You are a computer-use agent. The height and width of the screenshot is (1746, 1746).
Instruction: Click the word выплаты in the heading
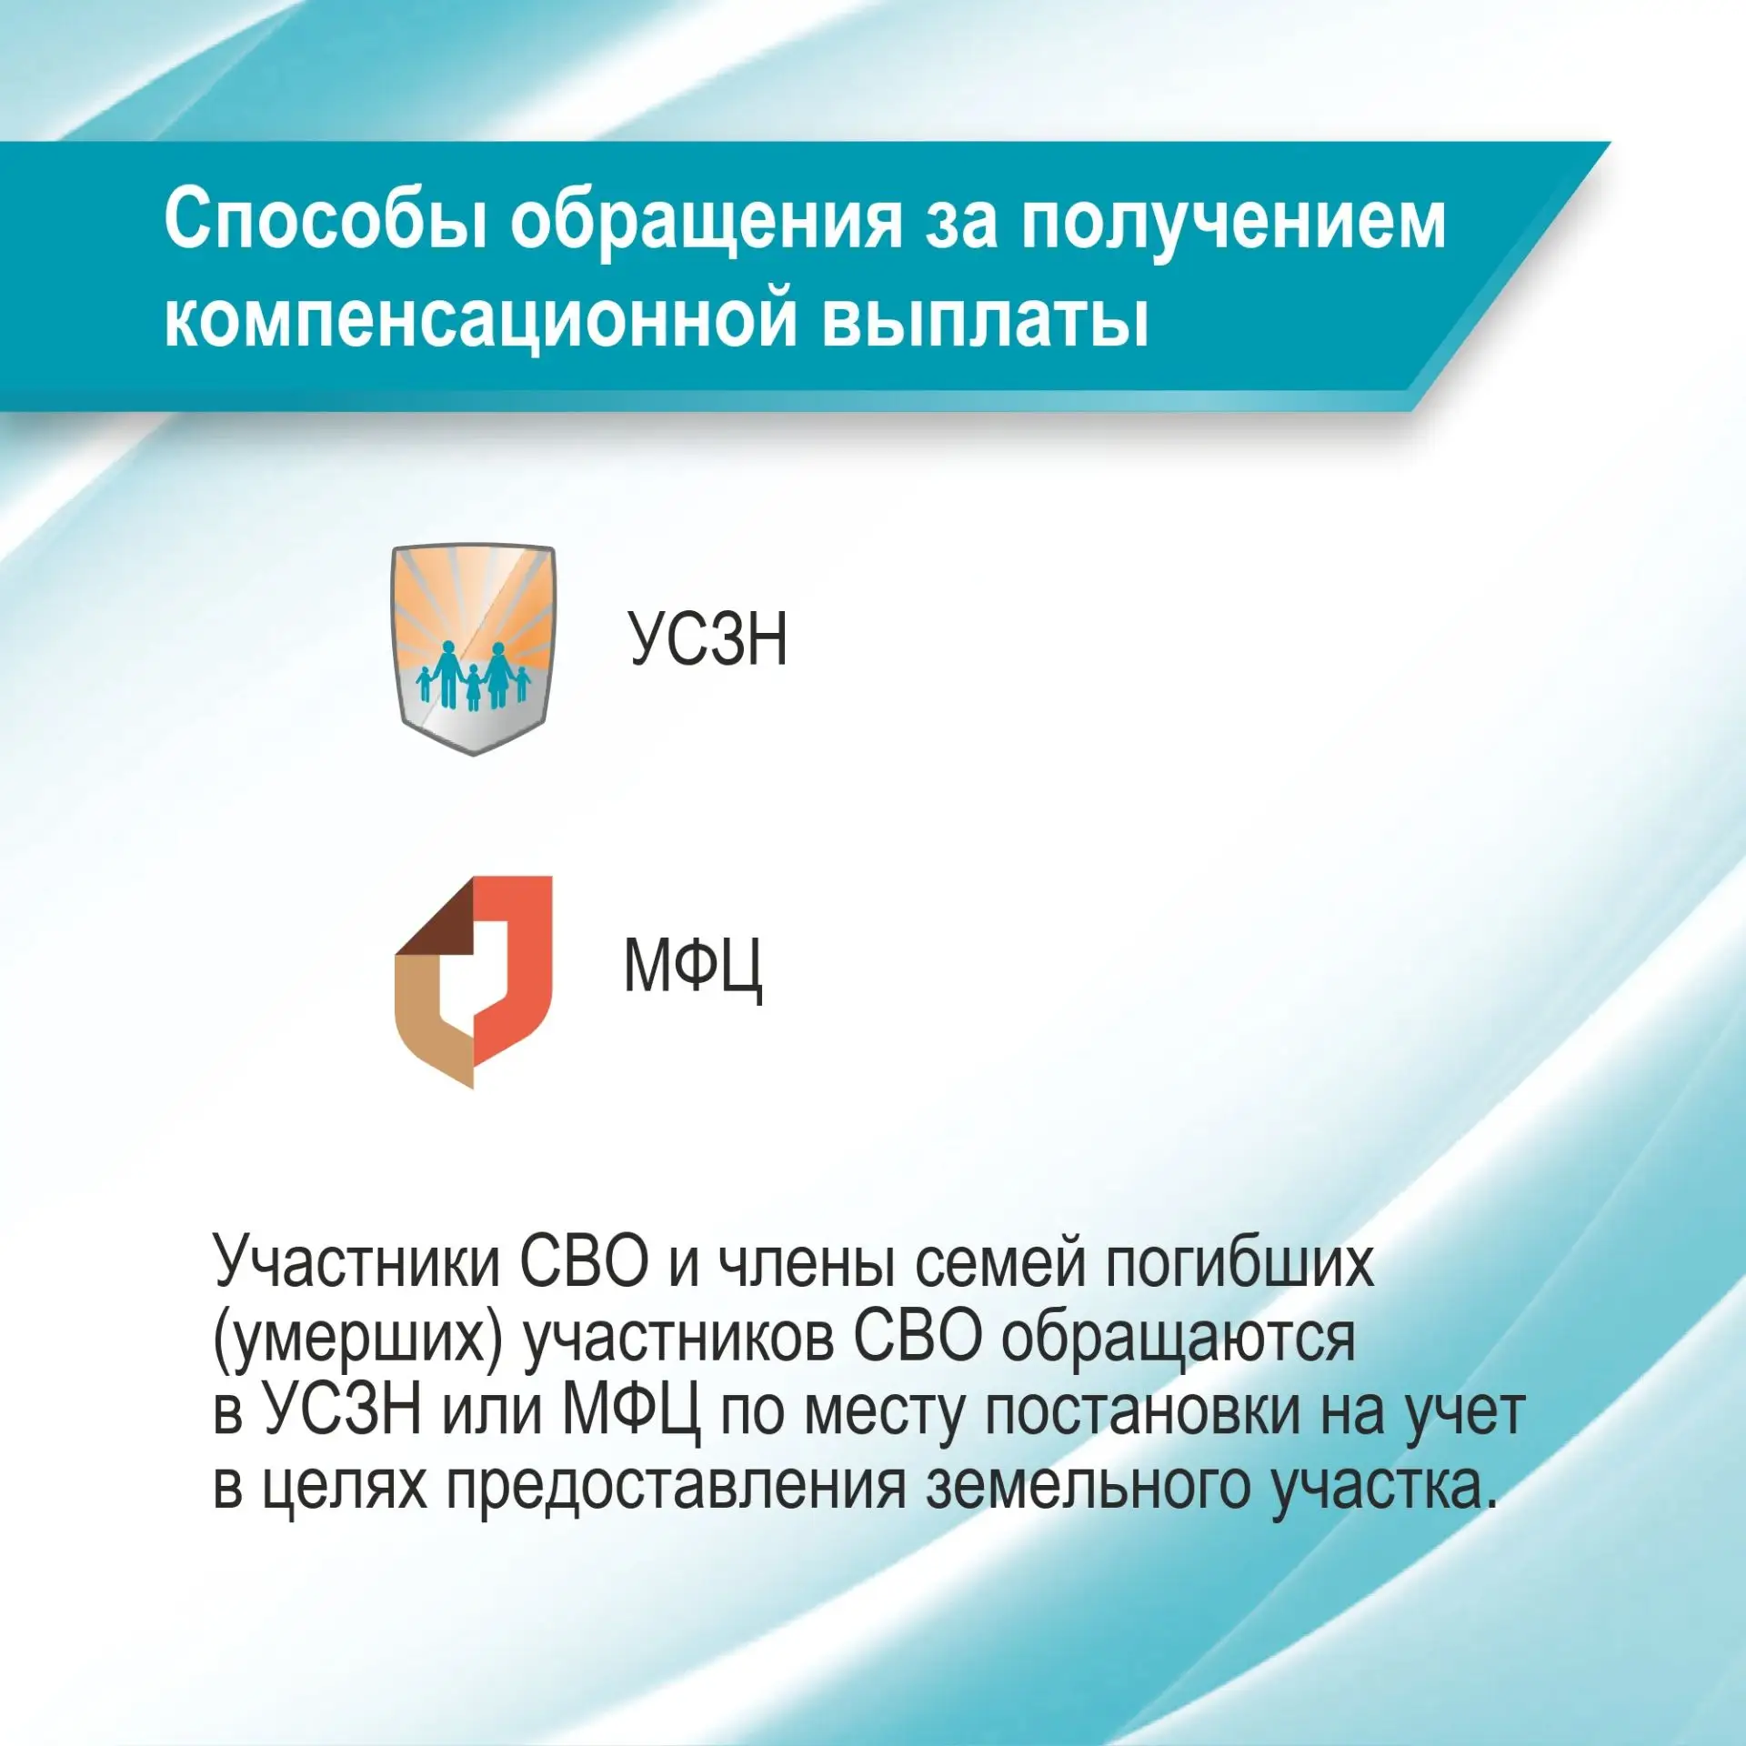coord(986,319)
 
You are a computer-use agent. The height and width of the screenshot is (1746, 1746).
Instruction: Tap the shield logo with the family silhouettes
coord(473,649)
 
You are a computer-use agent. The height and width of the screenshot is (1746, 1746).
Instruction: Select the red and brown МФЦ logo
coord(473,982)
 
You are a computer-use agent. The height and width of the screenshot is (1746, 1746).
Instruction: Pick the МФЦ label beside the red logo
coord(693,968)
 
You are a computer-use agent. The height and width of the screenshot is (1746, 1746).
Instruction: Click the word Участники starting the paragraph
coord(356,1263)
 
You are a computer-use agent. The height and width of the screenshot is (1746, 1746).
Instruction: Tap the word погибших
coord(1239,1264)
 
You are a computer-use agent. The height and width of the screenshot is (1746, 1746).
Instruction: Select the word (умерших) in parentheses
coord(357,1339)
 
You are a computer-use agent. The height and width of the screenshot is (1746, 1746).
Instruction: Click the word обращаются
coord(1179,1340)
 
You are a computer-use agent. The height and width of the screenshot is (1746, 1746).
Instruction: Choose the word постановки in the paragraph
coord(1143,1413)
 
